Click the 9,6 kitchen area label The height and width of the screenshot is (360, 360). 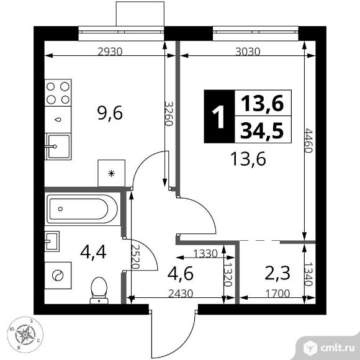tap(110, 113)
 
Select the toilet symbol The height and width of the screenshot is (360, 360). tap(99, 290)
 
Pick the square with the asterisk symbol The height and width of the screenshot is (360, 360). tap(112, 173)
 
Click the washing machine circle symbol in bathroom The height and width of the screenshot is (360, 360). tap(58, 273)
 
